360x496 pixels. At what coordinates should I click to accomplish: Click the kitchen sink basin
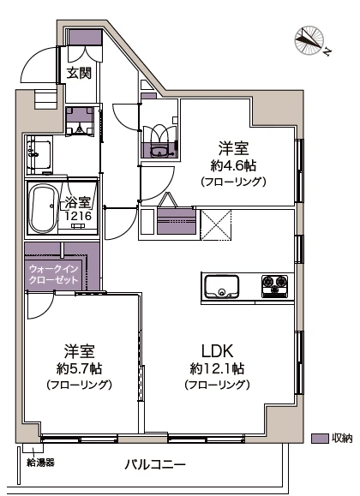pos(225,286)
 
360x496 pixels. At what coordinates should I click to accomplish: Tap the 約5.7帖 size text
pos(79,368)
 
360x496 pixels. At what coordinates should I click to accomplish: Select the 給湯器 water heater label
pos(40,463)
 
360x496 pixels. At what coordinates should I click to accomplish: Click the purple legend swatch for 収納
pos(320,439)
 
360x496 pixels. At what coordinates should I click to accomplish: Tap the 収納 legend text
pos(341,439)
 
